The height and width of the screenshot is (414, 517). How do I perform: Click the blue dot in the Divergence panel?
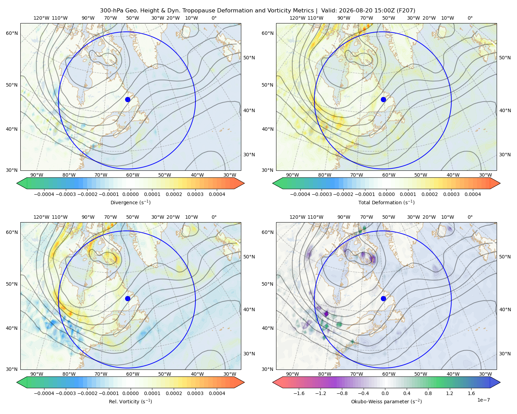coord(128,100)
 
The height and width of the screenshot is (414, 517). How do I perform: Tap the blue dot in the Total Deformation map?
coord(383,100)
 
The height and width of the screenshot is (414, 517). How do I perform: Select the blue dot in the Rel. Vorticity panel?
coord(128,298)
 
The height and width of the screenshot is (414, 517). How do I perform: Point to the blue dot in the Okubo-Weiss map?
coord(383,298)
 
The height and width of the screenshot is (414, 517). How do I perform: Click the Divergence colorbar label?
coord(130,203)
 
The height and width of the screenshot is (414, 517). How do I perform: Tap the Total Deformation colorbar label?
coord(386,203)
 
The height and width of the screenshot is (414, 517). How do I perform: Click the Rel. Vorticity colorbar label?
coord(130,402)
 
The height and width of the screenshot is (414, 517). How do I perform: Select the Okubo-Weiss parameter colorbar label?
coord(386,402)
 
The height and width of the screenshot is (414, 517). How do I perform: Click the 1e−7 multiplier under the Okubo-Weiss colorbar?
coord(483,400)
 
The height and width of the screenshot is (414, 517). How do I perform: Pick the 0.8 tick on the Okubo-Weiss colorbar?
coord(428,393)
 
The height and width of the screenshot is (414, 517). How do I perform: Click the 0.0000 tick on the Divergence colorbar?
coord(130,194)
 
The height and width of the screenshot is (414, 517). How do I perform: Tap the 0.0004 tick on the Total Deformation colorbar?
coord(473,194)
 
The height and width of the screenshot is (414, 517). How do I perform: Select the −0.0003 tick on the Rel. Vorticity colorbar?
coord(65,393)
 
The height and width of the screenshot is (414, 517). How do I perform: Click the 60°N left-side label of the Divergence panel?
coord(12,33)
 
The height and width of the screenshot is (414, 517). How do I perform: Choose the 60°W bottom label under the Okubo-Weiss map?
coord(389,374)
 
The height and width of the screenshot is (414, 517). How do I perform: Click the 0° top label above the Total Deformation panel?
coord(470,18)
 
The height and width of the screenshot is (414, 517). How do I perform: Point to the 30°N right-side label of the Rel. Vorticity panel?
coord(249,354)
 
